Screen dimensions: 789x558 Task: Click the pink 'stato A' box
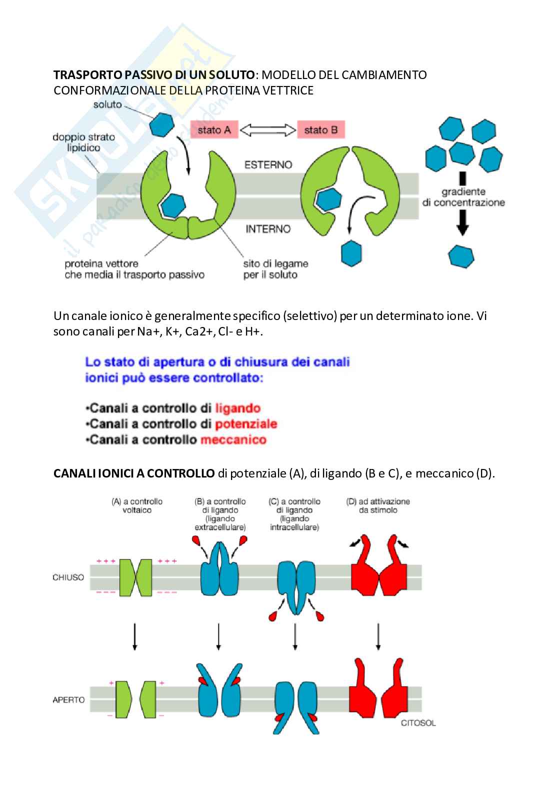pos(214,130)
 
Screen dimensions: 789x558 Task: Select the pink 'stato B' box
pos(320,130)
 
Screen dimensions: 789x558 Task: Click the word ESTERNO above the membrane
pos(268,164)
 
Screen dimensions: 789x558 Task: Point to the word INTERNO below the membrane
pos(268,229)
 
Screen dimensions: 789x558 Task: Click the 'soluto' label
pos(107,104)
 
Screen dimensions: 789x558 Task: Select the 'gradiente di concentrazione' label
pos(463,197)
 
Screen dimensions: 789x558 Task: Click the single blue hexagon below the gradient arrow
pos(461,256)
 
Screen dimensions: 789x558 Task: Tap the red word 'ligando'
pos(238,408)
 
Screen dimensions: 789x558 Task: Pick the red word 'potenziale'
pos(246,424)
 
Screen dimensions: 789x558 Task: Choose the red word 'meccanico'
pos(233,440)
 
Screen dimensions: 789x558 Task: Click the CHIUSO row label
pos(68,577)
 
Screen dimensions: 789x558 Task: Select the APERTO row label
pos(68,700)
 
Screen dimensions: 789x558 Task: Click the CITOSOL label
pos(418,723)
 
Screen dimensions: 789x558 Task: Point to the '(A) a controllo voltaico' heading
pos(137,505)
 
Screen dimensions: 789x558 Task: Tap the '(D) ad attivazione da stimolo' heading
pos(378,505)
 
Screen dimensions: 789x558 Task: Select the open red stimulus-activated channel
pos(378,692)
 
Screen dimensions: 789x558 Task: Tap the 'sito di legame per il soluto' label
pos(275,269)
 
